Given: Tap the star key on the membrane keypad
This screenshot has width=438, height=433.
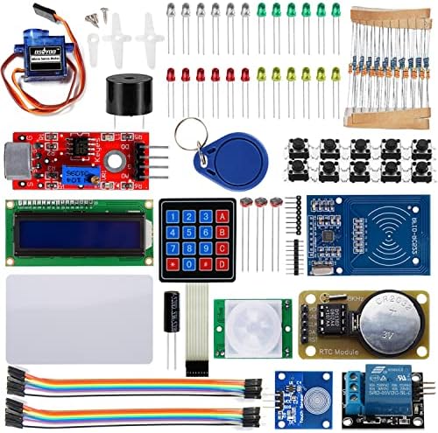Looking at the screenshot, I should click(x=173, y=263).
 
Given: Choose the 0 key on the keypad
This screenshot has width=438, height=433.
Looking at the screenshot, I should click(x=190, y=263).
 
